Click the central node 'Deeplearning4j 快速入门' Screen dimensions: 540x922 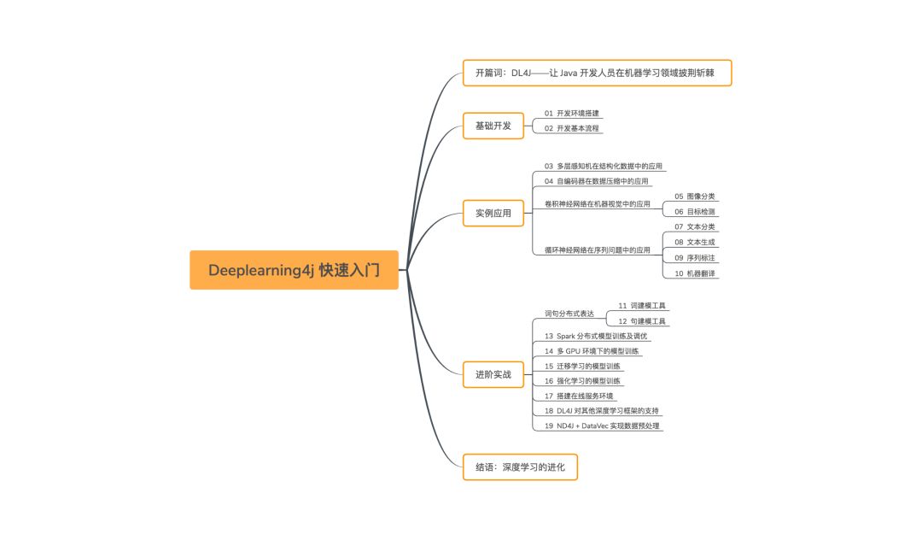coord(294,270)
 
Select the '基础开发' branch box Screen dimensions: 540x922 coord(493,126)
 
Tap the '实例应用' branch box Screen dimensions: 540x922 coord(493,213)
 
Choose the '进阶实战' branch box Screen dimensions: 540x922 coord(493,374)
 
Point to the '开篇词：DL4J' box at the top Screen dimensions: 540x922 coord(597,73)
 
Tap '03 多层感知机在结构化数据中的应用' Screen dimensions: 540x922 coord(604,166)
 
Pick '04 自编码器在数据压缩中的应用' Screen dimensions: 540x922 coord(597,181)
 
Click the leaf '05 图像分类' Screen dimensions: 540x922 coord(695,196)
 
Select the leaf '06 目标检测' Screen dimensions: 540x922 coord(695,211)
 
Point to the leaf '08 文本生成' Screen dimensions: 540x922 coord(695,242)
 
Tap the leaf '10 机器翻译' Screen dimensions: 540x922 coord(695,273)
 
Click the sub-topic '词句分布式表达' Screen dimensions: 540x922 coord(569,314)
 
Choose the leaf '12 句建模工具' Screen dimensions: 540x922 coord(642,321)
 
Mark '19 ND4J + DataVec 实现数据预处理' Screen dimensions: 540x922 coord(602,426)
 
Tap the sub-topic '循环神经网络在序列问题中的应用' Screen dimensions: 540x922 coord(597,250)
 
